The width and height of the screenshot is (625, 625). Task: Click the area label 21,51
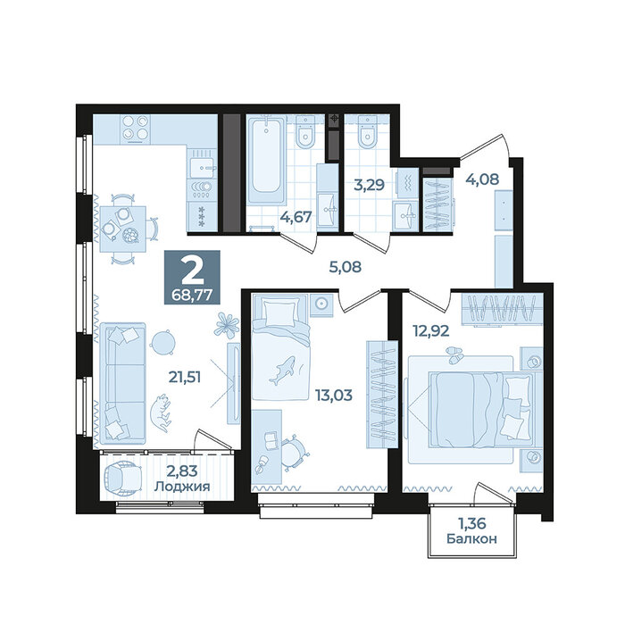pos(185,377)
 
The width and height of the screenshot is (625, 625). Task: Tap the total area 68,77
pos(192,295)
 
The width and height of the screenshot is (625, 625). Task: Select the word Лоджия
pos(182,487)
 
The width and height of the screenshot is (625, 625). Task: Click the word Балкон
pos(472,539)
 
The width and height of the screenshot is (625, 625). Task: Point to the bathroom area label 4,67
pos(296,217)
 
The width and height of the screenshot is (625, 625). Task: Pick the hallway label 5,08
pos(346,267)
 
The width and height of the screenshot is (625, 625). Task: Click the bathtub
pos(265,161)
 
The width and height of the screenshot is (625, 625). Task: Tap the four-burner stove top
pos(136,128)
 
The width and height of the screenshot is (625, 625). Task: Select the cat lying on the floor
pos(161,413)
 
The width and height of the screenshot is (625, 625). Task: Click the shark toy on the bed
pos(283,371)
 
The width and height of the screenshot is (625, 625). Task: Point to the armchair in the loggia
pos(122,478)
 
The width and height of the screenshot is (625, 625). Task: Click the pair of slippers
pos(454,354)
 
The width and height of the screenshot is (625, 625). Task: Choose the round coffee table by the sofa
pos(162,342)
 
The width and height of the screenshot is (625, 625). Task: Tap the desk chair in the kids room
pos(295,452)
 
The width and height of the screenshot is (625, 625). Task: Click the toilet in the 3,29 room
pos(367,132)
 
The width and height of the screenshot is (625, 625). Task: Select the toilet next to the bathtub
pos(305,134)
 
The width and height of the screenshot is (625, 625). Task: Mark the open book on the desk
pos(271,440)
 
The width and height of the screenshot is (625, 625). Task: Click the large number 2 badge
pos(192,277)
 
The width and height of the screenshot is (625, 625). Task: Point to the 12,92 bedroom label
pos(431,331)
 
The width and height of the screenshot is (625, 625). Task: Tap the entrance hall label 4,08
pos(482,179)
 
